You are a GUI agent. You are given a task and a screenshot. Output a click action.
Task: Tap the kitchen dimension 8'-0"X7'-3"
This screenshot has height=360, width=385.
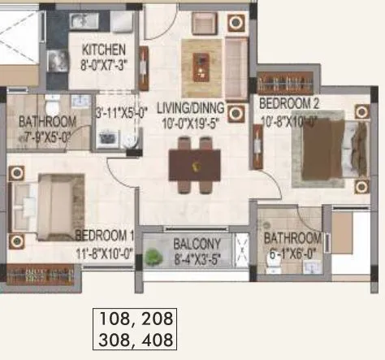click(x=102, y=63)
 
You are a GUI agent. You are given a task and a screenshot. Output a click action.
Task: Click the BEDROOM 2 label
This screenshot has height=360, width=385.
click(x=291, y=103)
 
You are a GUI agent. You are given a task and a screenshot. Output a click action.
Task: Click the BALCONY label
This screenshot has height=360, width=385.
click(x=197, y=243)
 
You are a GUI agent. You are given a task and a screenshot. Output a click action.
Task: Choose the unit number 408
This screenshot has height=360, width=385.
click(x=157, y=336)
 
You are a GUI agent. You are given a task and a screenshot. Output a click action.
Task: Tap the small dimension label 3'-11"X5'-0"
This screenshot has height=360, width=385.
click(x=120, y=114)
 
